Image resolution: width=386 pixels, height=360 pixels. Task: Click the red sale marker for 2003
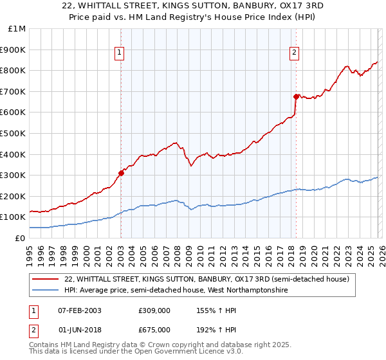(x=121, y=173)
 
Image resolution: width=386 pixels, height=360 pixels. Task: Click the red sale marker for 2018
(x=296, y=96)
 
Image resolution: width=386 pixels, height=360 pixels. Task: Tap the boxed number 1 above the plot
(x=120, y=53)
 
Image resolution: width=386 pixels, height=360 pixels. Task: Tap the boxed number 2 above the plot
(x=294, y=53)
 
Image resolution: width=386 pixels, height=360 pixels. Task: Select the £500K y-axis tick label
(x=14, y=133)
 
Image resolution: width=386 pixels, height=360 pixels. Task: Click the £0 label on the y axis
(x=20, y=238)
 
